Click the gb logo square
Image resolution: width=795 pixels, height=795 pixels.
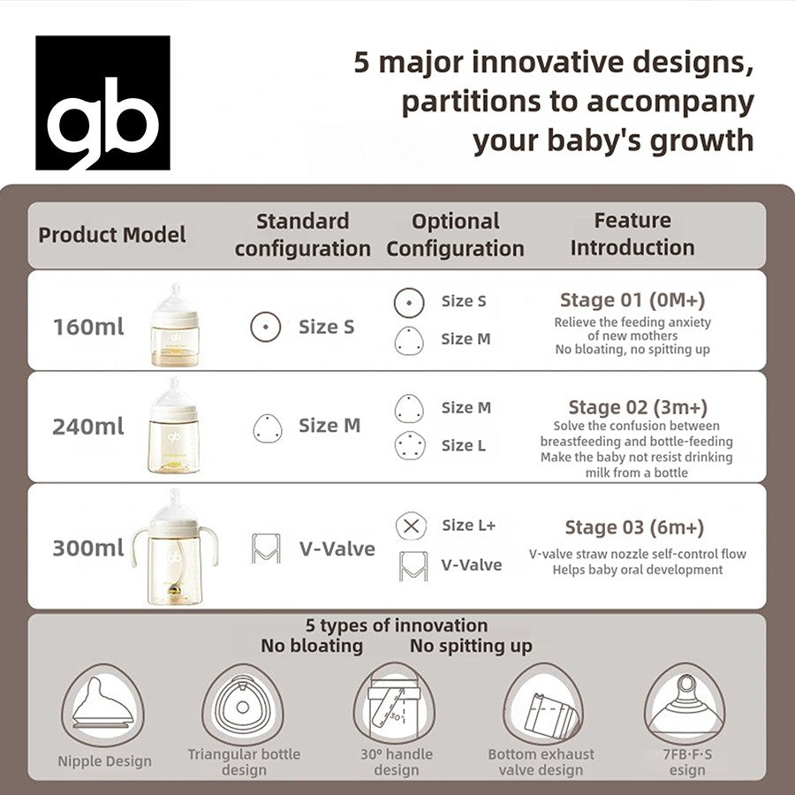[x=102, y=102]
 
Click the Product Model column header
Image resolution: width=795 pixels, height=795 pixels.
[x=112, y=235]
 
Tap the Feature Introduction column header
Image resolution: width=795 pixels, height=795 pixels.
[x=632, y=234]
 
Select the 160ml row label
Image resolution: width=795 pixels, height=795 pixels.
[x=88, y=327]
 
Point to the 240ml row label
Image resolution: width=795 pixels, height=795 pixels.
[x=88, y=427]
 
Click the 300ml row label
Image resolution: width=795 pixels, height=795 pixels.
[x=88, y=548]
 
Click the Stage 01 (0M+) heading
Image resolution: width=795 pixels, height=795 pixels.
[x=632, y=299]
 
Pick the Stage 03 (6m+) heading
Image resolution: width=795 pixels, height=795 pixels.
[x=634, y=527]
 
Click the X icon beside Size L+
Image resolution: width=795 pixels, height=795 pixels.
[x=409, y=526]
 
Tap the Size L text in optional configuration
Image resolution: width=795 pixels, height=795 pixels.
[x=463, y=445]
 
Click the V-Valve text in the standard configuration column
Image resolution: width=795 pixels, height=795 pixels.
[x=337, y=549]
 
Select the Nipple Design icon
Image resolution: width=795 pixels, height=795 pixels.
[x=104, y=705]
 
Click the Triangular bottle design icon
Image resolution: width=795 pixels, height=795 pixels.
[x=243, y=705]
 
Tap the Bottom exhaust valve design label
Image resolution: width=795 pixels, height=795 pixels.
[x=541, y=761]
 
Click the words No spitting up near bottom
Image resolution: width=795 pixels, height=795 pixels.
[x=471, y=646]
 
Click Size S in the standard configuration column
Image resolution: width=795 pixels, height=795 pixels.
[x=326, y=327]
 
